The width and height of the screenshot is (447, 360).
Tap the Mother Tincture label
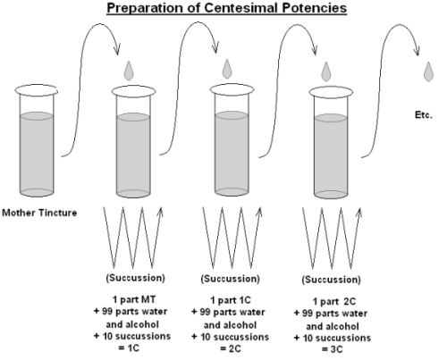(x=39, y=213)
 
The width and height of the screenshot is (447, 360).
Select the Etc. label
(x=424, y=115)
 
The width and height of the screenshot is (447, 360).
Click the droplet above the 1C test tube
(x=129, y=71)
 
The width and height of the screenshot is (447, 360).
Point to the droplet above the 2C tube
(x=227, y=69)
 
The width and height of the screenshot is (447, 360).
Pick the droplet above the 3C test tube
(x=326, y=71)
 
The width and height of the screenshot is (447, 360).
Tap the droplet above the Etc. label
(x=428, y=71)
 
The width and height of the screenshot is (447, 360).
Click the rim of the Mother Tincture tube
(x=37, y=90)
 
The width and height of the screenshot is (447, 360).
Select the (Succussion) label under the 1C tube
(x=135, y=278)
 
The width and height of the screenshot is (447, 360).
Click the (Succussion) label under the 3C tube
(x=331, y=280)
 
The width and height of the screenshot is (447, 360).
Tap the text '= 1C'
(x=129, y=347)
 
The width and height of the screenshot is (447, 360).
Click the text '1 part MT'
(x=134, y=299)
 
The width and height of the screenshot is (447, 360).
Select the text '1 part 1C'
(x=231, y=300)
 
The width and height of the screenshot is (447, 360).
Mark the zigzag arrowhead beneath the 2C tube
(x=259, y=212)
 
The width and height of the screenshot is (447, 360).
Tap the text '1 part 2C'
(x=334, y=301)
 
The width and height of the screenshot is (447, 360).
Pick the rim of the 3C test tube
(x=331, y=92)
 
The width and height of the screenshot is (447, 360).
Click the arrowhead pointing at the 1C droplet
(x=117, y=49)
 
